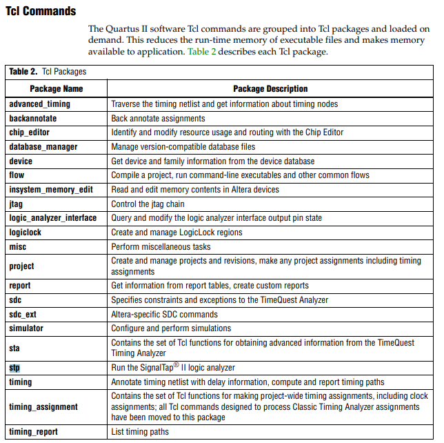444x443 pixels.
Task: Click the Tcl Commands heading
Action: (41, 12)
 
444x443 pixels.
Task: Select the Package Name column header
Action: (57, 89)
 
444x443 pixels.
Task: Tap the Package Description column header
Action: (270, 89)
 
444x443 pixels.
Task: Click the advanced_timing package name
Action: (39, 104)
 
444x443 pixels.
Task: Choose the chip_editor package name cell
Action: (29, 132)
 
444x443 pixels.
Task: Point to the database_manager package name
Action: (43, 147)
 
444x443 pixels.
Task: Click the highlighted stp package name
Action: (14, 368)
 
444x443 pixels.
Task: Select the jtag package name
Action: (17, 204)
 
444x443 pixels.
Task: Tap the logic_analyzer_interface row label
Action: (53, 218)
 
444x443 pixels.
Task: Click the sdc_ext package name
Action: (23, 314)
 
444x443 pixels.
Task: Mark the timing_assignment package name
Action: (43, 407)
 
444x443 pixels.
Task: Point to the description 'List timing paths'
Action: (140, 432)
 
